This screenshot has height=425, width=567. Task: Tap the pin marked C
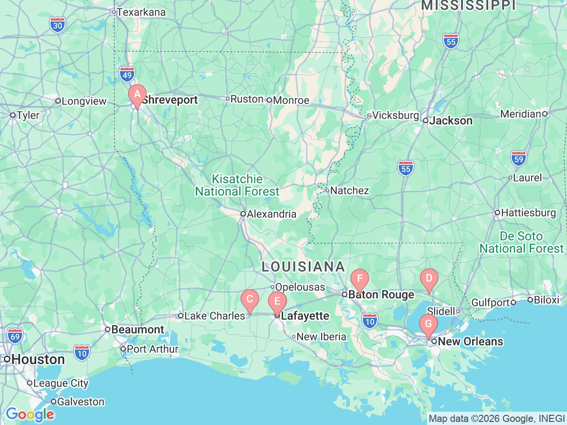250,300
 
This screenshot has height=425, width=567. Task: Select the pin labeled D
429,279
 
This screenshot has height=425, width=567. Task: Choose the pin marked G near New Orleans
428,325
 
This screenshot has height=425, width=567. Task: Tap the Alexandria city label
271,214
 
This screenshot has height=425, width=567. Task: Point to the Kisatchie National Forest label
237,185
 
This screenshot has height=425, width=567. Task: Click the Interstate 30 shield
58,25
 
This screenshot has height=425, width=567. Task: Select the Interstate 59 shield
518,158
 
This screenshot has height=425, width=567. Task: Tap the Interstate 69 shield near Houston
15,336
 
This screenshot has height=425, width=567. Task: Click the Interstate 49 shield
127,74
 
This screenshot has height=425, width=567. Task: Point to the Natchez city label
349,191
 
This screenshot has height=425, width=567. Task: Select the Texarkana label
141,12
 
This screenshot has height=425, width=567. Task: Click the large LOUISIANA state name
303,267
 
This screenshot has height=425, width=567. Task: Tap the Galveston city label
81,402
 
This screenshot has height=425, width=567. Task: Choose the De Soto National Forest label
521,243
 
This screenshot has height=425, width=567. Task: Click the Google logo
30,415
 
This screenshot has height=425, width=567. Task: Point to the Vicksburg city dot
369,116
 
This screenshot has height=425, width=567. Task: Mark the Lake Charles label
214,316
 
